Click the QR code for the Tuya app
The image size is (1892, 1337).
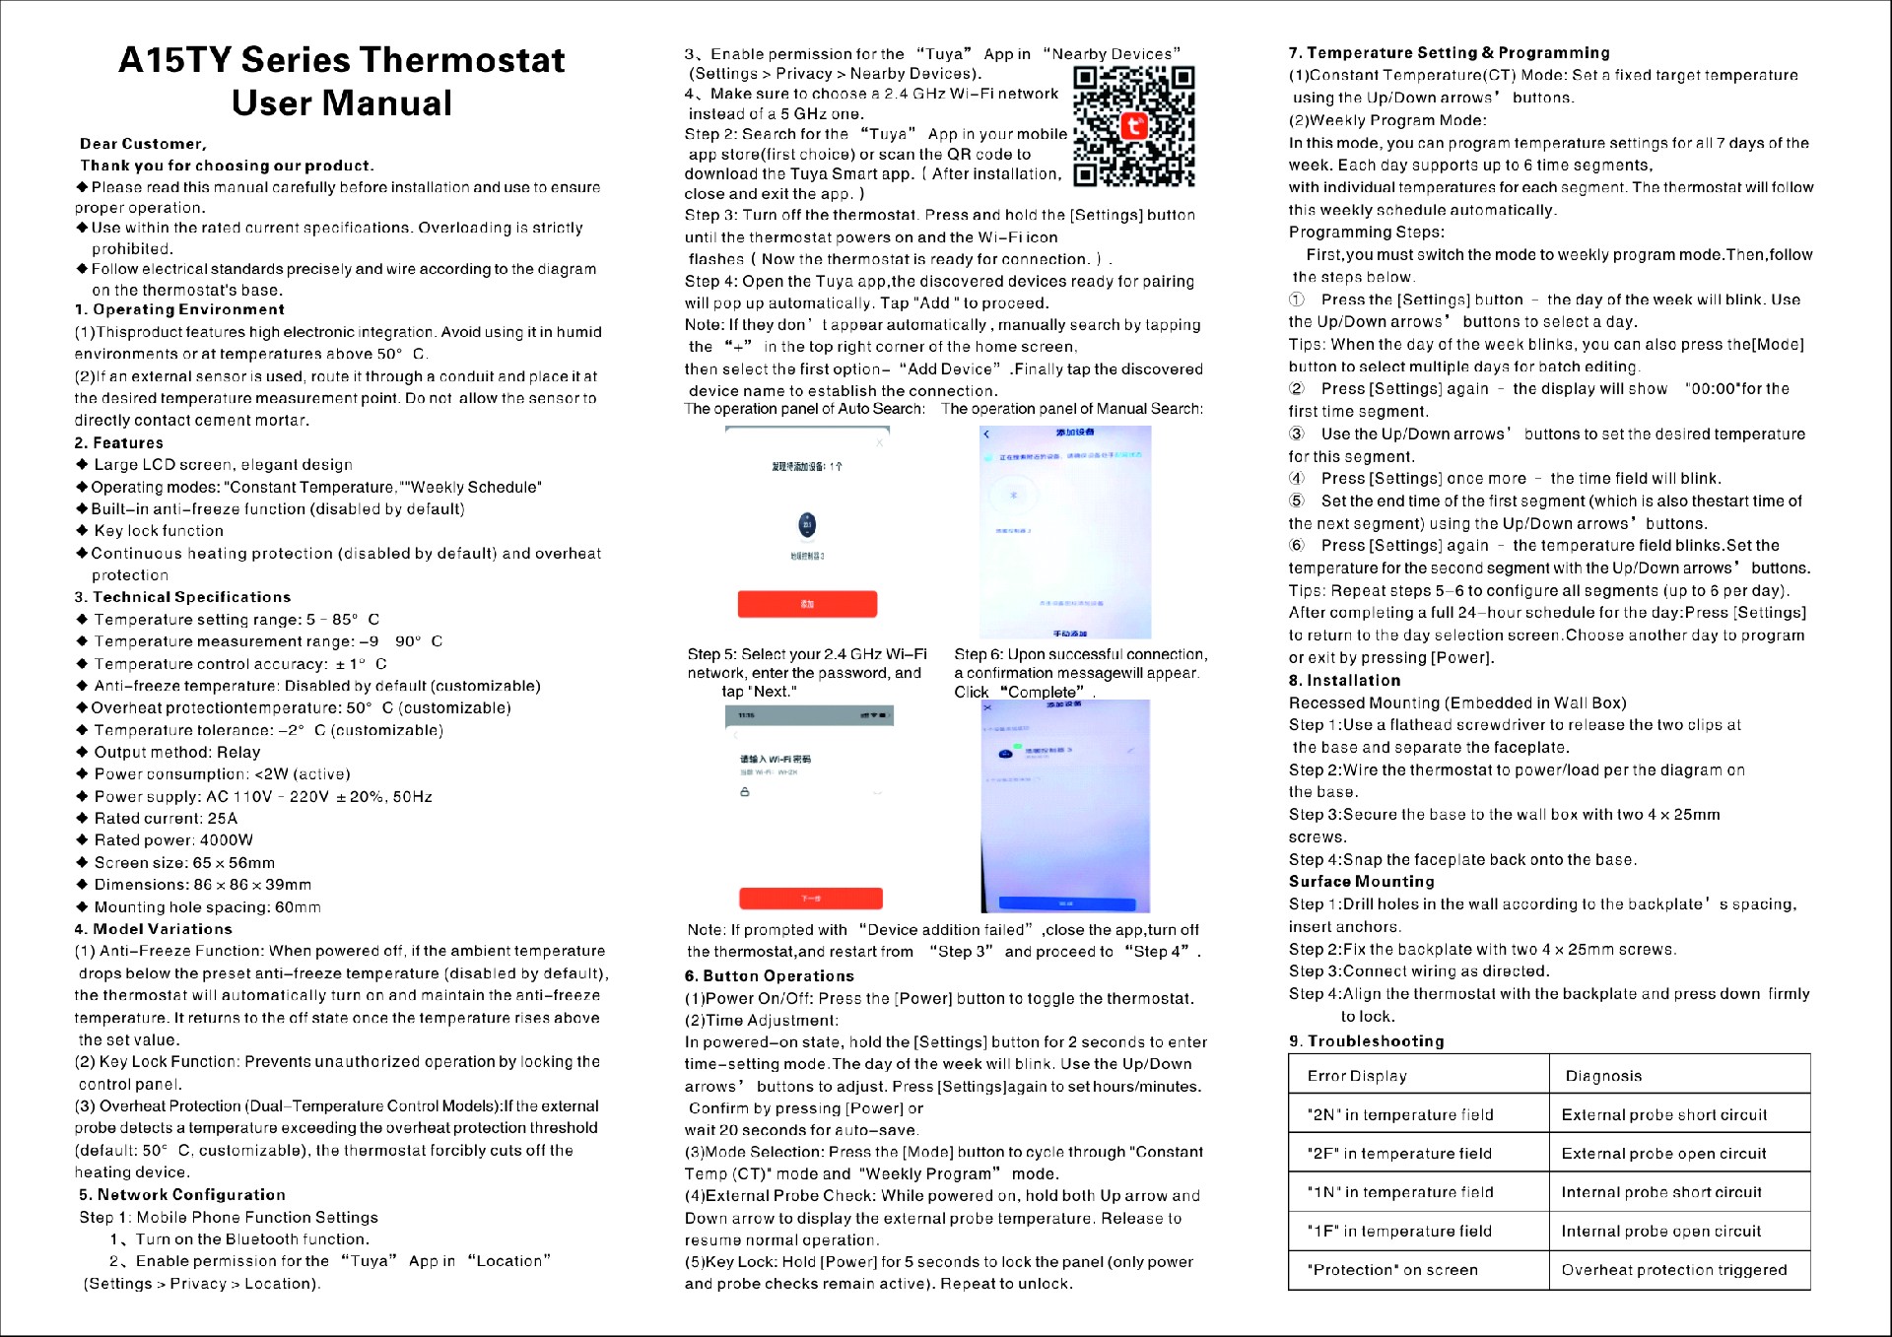click(1133, 126)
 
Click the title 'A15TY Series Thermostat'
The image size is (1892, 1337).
click(342, 60)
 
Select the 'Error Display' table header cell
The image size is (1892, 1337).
click(1357, 1076)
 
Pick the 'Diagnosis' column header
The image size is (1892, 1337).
click(1603, 1076)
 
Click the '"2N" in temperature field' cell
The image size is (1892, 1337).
click(1400, 1114)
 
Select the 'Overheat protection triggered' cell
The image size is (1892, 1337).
click(1673, 1270)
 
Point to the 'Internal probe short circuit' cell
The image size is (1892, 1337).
click(1661, 1192)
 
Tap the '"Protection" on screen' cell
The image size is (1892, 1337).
click(1392, 1270)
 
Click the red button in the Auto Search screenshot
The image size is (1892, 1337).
click(807, 604)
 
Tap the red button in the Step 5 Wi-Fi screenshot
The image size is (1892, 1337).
click(810, 898)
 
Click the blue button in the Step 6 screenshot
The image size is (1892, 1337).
click(1066, 902)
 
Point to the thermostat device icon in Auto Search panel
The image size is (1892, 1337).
click(807, 525)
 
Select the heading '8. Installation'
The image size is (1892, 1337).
click(1344, 681)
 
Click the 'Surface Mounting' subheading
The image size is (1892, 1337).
click(1361, 882)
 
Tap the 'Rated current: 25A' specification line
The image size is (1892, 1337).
click(166, 819)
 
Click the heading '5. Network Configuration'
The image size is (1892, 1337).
click(182, 1195)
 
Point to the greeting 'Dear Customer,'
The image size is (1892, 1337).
click(144, 144)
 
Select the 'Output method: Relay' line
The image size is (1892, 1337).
click(177, 753)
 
